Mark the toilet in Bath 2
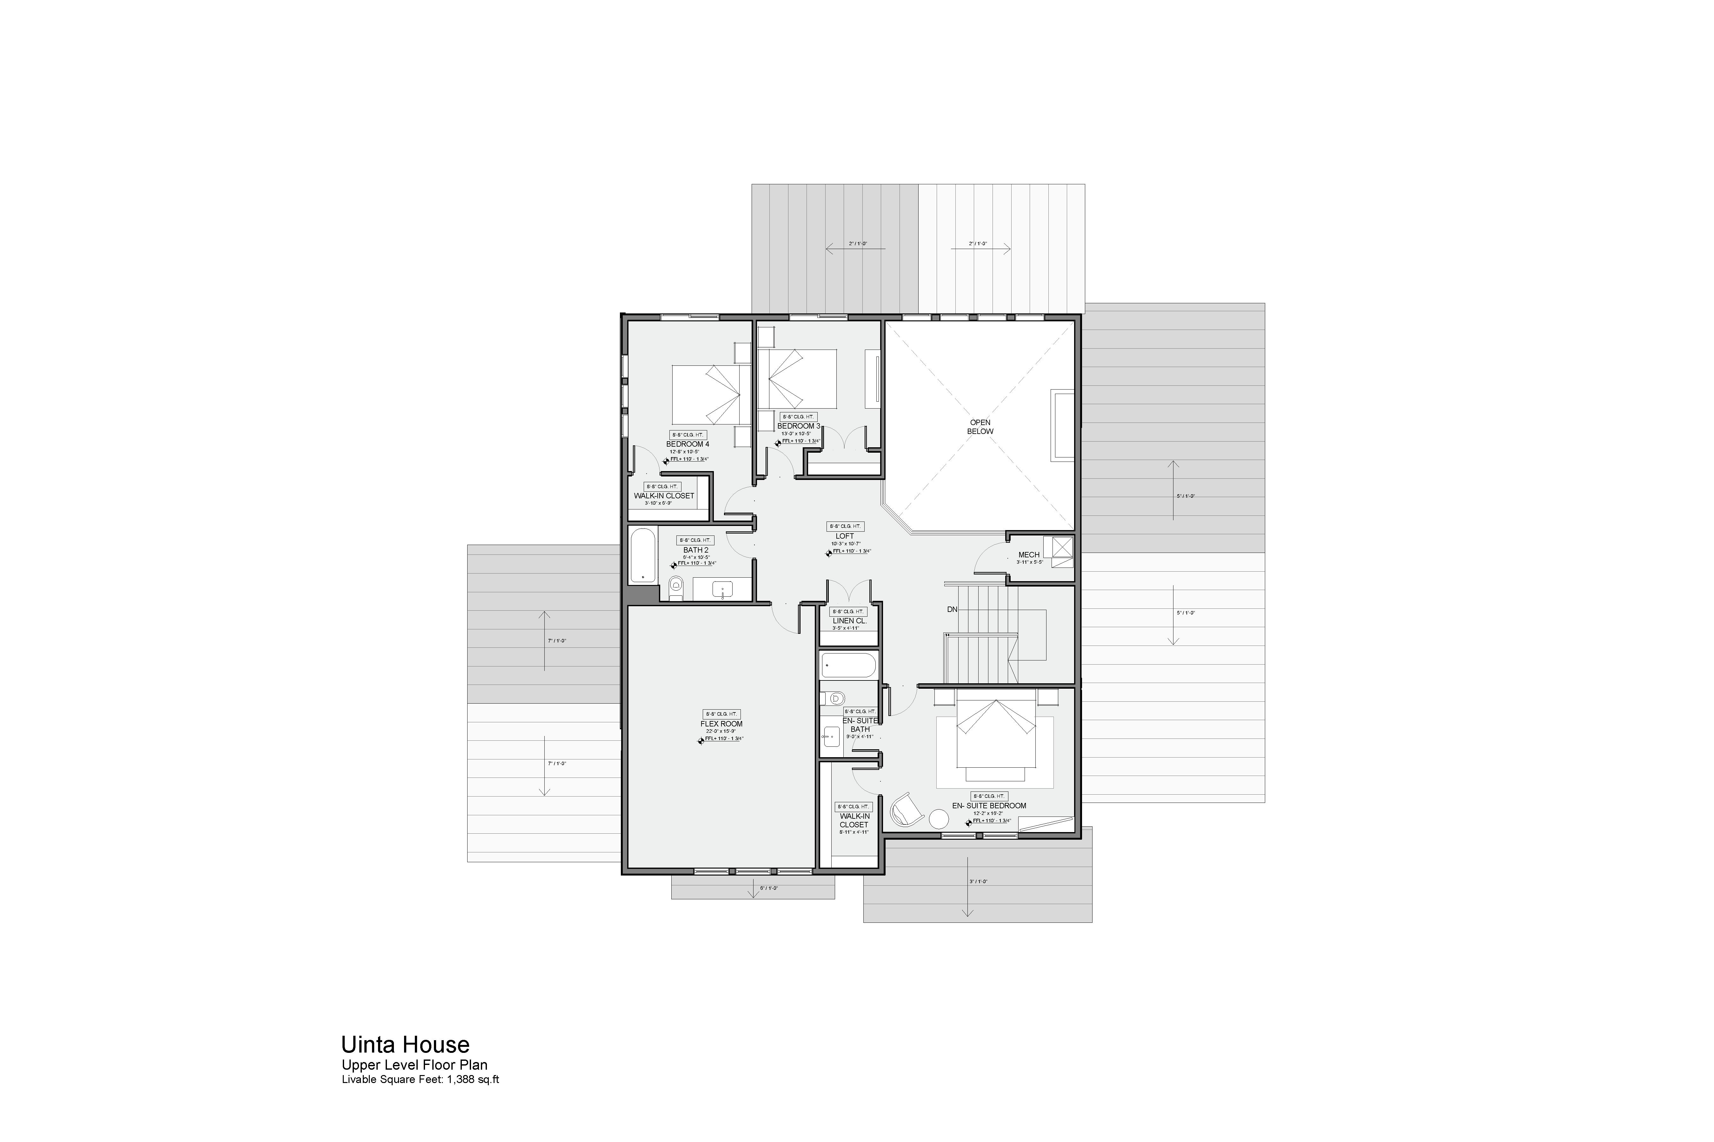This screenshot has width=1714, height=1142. point(675,586)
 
